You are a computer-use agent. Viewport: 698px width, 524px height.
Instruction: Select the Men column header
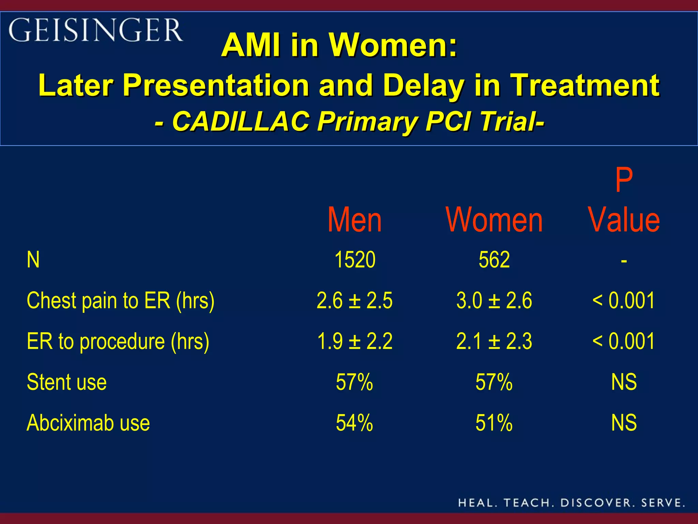tap(354, 220)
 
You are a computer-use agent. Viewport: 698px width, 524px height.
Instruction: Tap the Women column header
tap(494, 220)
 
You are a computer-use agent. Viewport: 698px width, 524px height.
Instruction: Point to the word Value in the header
tap(624, 220)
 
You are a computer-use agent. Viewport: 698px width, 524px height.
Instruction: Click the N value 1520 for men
tap(355, 260)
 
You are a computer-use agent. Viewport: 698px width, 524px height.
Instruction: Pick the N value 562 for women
tap(494, 260)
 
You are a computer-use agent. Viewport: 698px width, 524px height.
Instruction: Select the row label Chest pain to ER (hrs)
tap(121, 301)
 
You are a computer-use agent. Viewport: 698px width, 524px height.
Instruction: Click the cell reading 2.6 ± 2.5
tap(354, 301)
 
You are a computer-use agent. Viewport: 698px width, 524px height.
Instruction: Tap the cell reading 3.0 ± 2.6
tap(494, 301)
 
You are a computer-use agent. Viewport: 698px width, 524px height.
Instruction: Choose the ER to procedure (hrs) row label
tap(118, 341)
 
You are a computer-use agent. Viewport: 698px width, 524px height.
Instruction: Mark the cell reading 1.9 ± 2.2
tap(354, 341)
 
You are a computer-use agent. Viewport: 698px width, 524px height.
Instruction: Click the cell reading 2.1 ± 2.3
tap(494, 341)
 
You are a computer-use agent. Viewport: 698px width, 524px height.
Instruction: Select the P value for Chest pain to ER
tap(624, 301)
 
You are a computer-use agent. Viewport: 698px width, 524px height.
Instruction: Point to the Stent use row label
tap(67, 382)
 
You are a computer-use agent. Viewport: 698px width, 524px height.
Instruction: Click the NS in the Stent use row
tap(624, 382)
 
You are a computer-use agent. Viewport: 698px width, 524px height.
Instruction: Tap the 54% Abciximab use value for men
tap(354, 423)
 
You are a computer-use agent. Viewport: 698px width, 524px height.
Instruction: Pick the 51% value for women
tap(494, 423)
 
